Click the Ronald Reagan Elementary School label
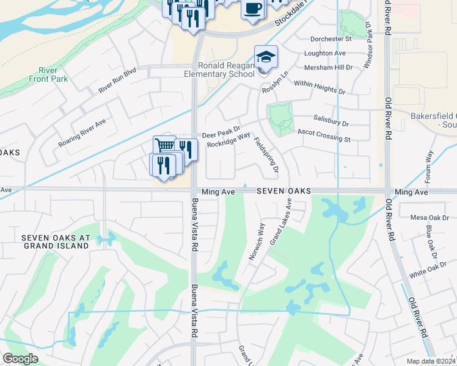coord(225,70)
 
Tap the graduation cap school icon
coord(266,57)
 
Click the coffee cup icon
coord(252,8)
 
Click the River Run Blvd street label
coord(117,81)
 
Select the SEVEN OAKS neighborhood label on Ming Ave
coord(283,192)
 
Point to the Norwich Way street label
coord(257,242)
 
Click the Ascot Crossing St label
coord(324,135)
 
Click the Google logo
coord(20,359)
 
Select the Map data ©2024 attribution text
coord(431,361)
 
